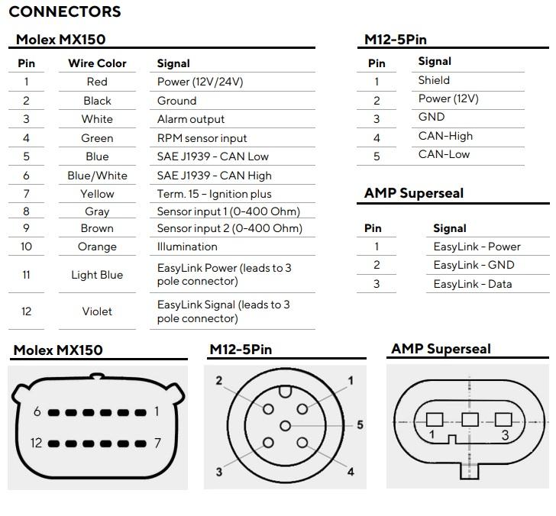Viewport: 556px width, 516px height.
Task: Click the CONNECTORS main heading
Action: coord(65,11)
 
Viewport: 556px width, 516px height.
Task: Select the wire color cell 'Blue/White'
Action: coord(97,176)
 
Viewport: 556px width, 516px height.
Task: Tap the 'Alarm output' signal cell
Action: coord(191,119)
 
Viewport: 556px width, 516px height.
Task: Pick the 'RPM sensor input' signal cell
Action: coord(202,138)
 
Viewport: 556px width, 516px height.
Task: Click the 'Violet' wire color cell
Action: coord(97,311)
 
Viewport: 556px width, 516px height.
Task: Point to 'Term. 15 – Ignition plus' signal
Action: coord(214,194)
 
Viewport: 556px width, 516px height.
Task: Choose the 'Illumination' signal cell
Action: coord(187,247)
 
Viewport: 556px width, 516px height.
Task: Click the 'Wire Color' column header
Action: coord(97,63)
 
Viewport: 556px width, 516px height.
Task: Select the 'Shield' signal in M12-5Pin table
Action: coord(434,80)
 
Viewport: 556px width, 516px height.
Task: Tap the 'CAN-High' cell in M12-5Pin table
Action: coord(445,136)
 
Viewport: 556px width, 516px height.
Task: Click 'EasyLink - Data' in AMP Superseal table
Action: coord(473,284)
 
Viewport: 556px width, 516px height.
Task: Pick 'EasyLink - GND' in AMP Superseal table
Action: coord(474,265)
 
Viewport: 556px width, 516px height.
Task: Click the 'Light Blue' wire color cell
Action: coord(97,275)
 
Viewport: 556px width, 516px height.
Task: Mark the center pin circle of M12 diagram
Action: coord(285,426)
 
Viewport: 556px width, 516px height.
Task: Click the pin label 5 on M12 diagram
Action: coord(360,424)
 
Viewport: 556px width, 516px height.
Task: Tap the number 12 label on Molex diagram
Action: coord(36,443)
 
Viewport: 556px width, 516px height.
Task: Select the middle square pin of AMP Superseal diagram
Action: coord(470,420)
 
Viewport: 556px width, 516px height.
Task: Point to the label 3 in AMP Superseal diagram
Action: coord(506,435)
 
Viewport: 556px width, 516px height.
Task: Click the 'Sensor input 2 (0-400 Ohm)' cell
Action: coord(230,228)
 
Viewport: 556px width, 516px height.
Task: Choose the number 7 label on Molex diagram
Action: coord(157,443)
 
